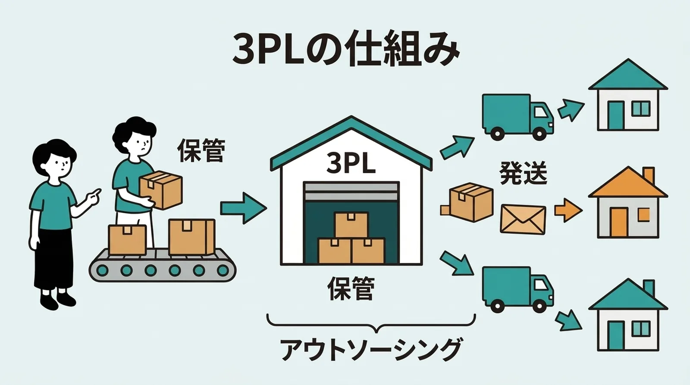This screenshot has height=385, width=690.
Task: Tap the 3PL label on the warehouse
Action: (351, 163)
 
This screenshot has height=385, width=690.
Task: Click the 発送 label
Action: (523, 173)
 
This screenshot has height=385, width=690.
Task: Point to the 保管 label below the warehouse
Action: (351, 288)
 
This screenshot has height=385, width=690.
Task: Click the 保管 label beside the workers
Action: (201, 150)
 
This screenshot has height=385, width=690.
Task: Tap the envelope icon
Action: (523, 219)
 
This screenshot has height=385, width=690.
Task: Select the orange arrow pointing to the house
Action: (568, 210)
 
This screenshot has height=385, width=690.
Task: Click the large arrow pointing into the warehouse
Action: (243, 208)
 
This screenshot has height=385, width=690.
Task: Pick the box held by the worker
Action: (161, 190)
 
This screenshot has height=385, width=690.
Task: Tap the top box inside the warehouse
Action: (351, 224)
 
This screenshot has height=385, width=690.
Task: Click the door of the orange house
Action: (619, 222)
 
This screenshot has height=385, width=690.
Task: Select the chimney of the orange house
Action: (648, 175)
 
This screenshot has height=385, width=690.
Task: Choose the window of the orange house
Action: (643, 214)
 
